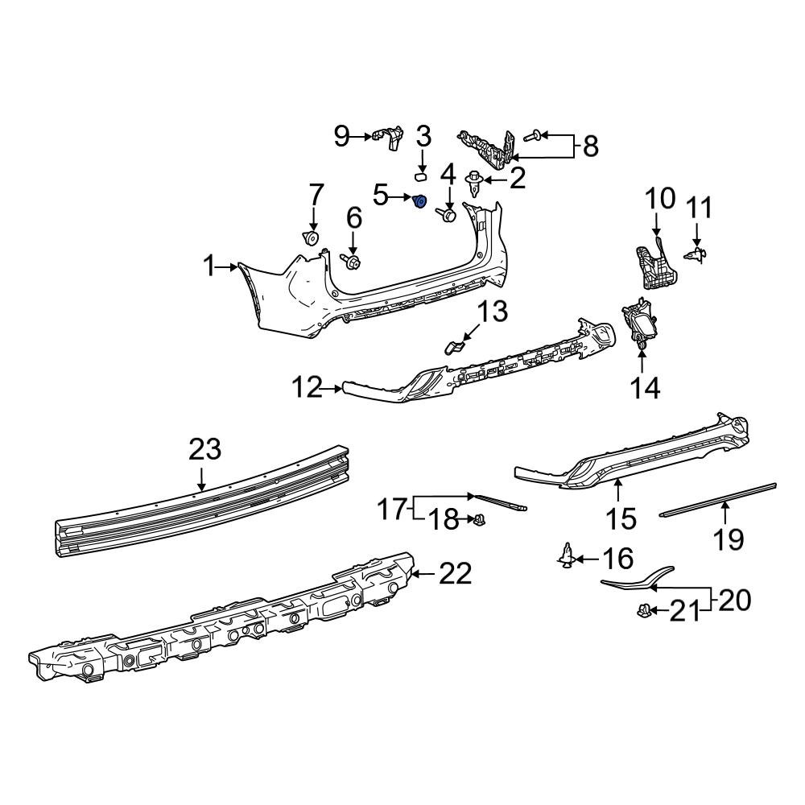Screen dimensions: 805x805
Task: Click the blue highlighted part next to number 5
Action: [419, 201]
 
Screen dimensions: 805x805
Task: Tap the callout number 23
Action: [204, 449]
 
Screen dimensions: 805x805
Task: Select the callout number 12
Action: [307, 388]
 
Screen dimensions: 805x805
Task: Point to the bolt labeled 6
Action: [351, 261]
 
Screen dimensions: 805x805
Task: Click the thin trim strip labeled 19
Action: [716, 500]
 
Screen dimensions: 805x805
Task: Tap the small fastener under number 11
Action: [697, 254]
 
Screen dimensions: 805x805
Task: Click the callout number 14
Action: [646, 387]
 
